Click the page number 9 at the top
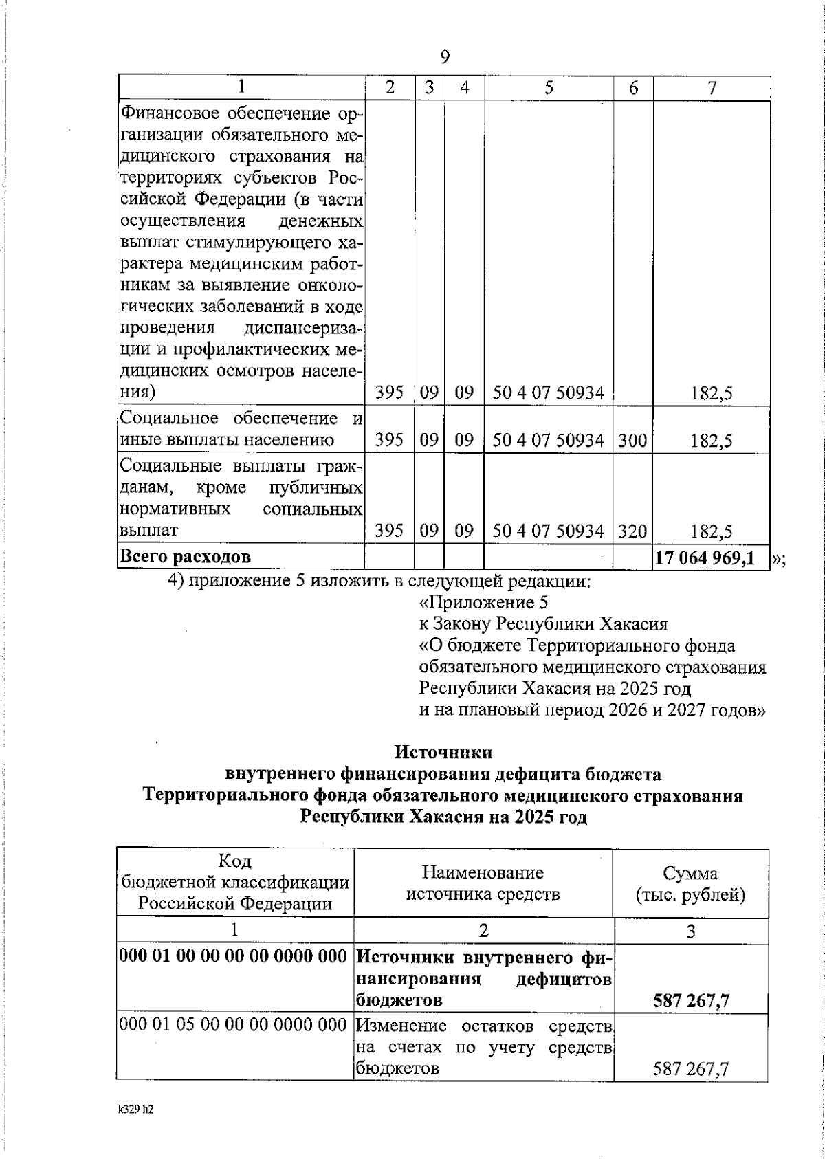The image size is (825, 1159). [444, 56]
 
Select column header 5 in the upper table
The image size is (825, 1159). [549, 88]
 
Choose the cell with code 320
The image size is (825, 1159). [632, 531]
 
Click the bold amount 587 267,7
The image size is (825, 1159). [692, 1000]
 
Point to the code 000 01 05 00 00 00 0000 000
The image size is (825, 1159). [233, 1026]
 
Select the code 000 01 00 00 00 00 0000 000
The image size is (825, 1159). [233, 956]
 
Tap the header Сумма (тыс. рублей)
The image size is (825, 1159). [690, 884]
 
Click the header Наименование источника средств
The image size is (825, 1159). [483, 884]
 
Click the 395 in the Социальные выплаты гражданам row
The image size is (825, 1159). [389, 531]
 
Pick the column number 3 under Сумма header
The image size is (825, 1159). [691, 931]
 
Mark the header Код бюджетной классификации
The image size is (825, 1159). [235, 883]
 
